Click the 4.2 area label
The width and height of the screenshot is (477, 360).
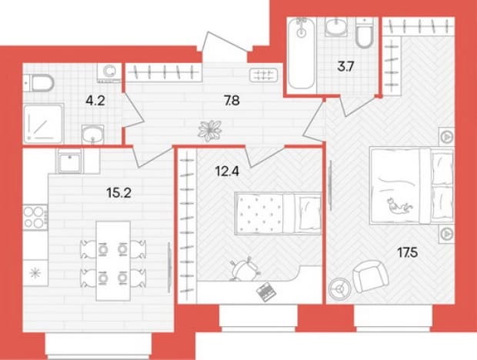(x=95, y=101)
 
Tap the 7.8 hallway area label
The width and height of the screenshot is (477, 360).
(x=232, y=100)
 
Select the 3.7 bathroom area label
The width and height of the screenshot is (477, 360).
(x=346, y=66)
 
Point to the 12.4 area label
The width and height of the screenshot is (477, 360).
(x=227, y=172)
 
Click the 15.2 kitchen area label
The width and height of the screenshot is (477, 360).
(x=119, y=192)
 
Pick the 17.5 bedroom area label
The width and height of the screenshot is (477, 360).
(x=408, y=252)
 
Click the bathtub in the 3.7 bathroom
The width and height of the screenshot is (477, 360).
(x=301, y=53)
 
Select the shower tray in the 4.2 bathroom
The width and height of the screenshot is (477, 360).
(x=44, y=123)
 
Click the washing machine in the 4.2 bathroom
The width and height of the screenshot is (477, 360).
(x=109, y=72)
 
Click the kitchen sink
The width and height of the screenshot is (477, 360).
(x=70, y=161)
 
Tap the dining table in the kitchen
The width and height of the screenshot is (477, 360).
(x=113, y=261)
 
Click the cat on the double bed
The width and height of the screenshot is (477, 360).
(x=399, y=206)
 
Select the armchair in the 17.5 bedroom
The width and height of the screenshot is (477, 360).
(x=371, y=276)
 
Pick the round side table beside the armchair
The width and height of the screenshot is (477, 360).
(x=339, y=288)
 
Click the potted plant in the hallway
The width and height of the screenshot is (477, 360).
(x=209, y=131)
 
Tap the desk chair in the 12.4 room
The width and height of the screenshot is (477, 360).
(x=245, y=268)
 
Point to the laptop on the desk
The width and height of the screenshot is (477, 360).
(x=266, y=292)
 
